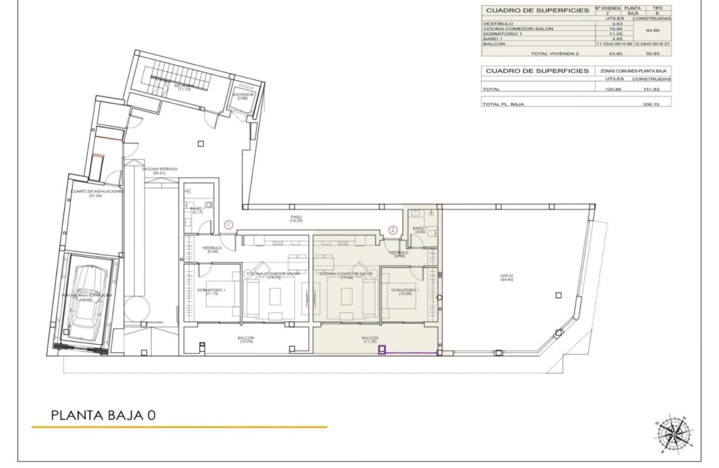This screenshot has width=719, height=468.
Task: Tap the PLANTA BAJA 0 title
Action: pos(103,415)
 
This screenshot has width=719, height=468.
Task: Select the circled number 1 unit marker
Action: pos(228,225)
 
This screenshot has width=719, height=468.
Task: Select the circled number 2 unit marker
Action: pos(393,230)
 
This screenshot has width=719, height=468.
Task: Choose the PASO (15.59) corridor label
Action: pos(295,219)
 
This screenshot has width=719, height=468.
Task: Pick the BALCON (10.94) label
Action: pos(246,340)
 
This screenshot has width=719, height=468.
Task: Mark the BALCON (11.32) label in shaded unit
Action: pos(370,340)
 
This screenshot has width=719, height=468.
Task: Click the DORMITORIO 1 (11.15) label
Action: pos(211,292)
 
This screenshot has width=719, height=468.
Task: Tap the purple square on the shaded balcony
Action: pos(382,350)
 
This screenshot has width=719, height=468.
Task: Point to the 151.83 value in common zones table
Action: pos(652,89)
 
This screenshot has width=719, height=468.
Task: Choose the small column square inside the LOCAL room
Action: pos(559,295)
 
